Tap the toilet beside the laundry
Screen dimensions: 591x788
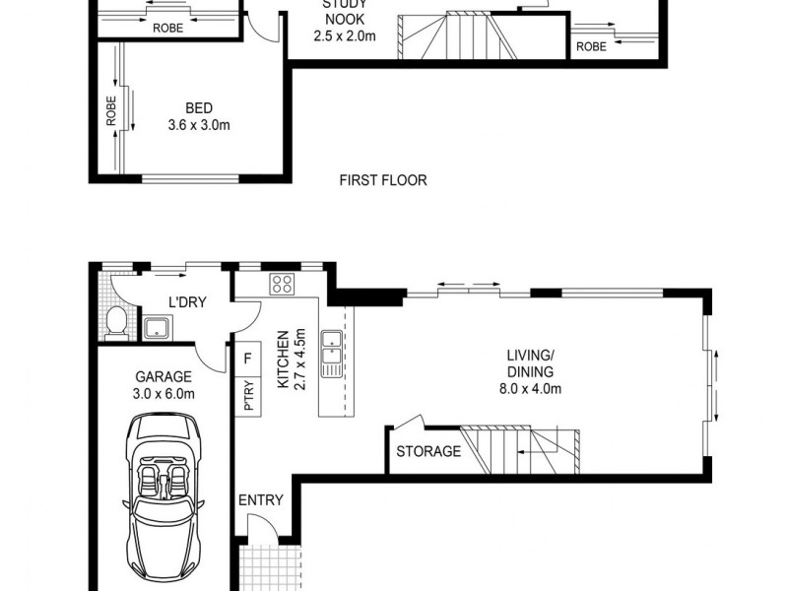[x=116, y=321]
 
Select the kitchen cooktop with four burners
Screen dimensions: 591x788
[x=283, y=285]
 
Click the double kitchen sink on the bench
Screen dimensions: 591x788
[x=335, y=350]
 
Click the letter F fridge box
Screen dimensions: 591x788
[x=247, y=359]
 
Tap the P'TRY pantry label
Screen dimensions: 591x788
[x=248, y=396]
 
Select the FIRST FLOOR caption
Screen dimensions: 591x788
[x=382, y=180]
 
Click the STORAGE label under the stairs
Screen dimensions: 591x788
[x=427, y=452]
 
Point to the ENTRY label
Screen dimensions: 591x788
[x=260, y=500]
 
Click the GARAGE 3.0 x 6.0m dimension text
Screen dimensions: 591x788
[x=164, y=385]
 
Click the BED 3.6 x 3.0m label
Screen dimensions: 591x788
[x=199, y=117]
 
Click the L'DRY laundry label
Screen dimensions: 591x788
[x=186, y=302]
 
